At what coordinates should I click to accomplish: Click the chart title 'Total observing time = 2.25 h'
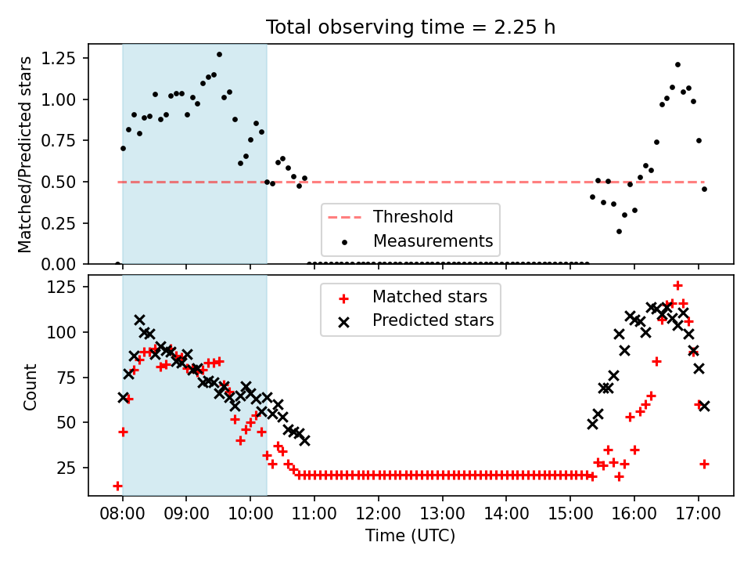click(411, 27)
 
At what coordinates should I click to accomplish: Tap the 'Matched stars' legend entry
click(413, 297)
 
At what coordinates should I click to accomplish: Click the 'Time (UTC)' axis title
click(411, 535)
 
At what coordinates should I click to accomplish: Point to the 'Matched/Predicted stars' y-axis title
click(25, 154)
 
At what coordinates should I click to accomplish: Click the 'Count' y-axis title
click(31, 386)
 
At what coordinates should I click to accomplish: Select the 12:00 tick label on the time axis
click(379, 514)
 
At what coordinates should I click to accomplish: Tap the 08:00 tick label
click(123, 514)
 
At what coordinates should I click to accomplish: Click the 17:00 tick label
click(699, 514)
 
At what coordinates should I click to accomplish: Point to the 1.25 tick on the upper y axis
click(59, 58)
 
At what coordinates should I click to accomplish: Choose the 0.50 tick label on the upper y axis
click(59, 182)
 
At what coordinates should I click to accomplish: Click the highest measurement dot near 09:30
click(219, 55)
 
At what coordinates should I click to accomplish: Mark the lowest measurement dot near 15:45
click(619, 231)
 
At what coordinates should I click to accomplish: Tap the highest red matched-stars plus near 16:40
click(677, 286)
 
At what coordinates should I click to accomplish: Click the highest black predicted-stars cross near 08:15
click(139, 320)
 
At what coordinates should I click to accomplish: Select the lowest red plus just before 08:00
click(117, 486)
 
